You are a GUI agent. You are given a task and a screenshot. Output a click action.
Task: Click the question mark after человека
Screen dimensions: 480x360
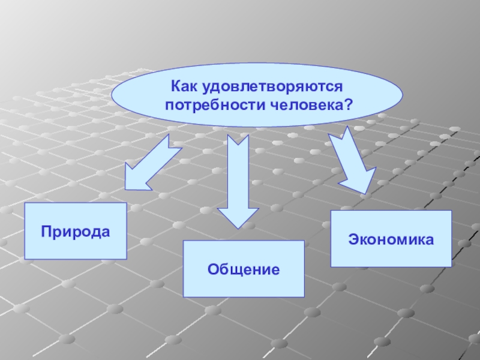point(347,104)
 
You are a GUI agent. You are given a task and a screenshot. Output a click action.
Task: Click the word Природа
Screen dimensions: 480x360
point(76,231)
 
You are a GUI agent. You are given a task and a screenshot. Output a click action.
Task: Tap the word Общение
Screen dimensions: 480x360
point(244,269)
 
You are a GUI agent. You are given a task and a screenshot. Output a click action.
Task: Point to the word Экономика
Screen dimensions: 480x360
point(391,239)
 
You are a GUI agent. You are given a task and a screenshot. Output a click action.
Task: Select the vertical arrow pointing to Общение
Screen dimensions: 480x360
point(238,180)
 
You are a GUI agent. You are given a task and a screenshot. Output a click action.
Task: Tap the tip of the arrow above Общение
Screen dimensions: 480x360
point(238,227)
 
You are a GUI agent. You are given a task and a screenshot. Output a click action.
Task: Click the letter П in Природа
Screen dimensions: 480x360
point(46,231)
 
